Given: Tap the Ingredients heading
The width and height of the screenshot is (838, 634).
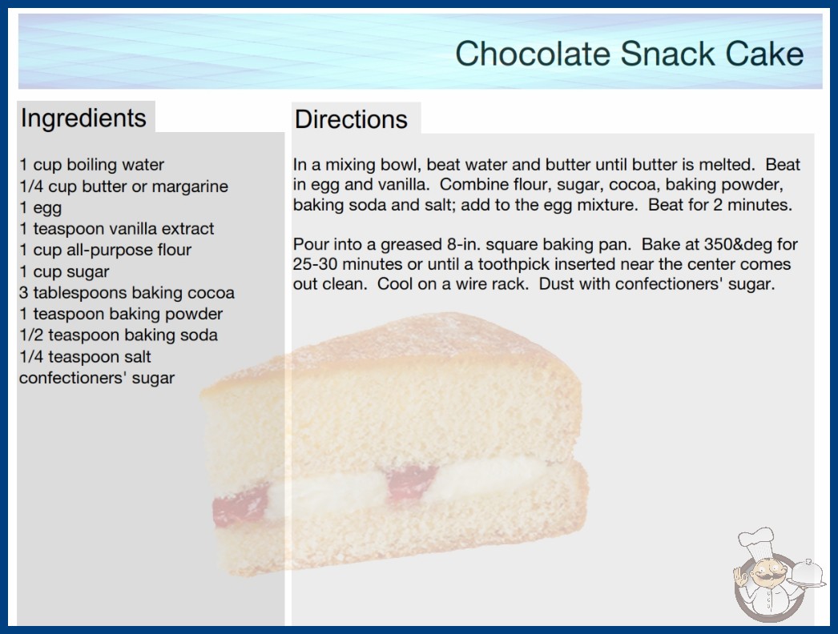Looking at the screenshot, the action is pos(83,118).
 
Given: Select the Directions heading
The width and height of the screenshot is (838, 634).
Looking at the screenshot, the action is pos(351,119).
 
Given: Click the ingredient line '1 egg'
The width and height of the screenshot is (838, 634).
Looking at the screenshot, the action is pos(41,208).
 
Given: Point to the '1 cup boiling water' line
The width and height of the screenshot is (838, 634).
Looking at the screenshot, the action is pos(92,165).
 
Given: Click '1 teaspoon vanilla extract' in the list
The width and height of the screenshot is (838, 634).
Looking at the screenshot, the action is pos(116,229).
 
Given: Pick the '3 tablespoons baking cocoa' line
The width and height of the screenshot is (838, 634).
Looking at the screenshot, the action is pos(127,293).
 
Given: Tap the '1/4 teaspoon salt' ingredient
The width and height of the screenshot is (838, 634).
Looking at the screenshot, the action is pos(86,356).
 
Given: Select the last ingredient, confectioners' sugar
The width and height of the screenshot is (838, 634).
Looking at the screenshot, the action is pos(97,378).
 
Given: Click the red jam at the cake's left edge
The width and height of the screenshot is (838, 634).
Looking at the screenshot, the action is pos(240,506).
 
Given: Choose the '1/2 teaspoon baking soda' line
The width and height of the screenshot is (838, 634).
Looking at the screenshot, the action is pos(119,335).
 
